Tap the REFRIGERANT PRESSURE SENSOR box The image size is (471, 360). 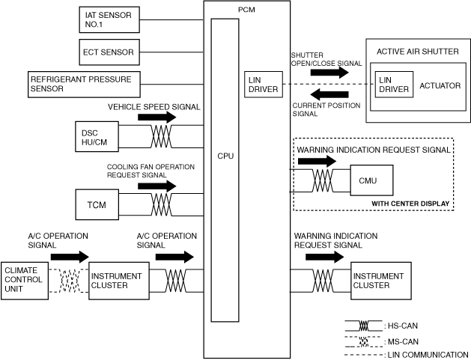81,83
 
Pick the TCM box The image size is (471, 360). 96,204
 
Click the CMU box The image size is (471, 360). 368,180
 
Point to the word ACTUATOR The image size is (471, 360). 439,85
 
